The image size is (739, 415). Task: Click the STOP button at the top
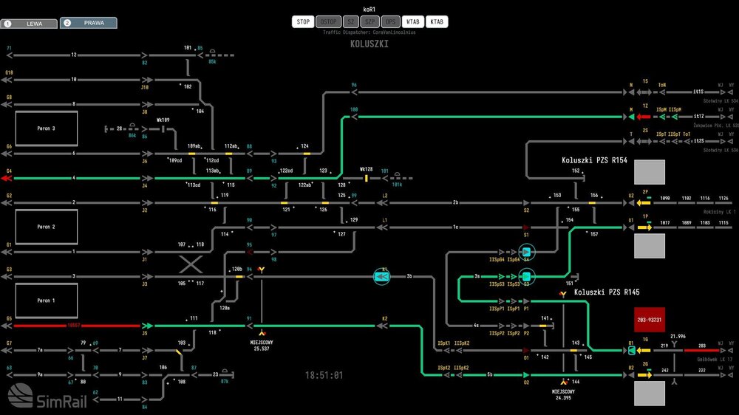point(304,22)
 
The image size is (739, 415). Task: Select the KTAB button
point(437,22)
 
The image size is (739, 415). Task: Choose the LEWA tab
point(30,24)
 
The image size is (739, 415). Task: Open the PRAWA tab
point(88,23)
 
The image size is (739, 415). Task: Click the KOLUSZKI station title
point(369,44)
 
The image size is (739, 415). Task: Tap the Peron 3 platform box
point(47,128)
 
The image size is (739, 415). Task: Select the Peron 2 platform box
point(47,227)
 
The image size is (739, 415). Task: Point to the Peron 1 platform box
point(47,301)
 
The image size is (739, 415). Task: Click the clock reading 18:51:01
point(324,375)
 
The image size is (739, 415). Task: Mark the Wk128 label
point(365,169)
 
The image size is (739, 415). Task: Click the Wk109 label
point(163,120)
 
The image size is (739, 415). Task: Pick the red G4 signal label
point(10,171)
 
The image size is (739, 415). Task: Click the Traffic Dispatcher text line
point(369,32)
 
